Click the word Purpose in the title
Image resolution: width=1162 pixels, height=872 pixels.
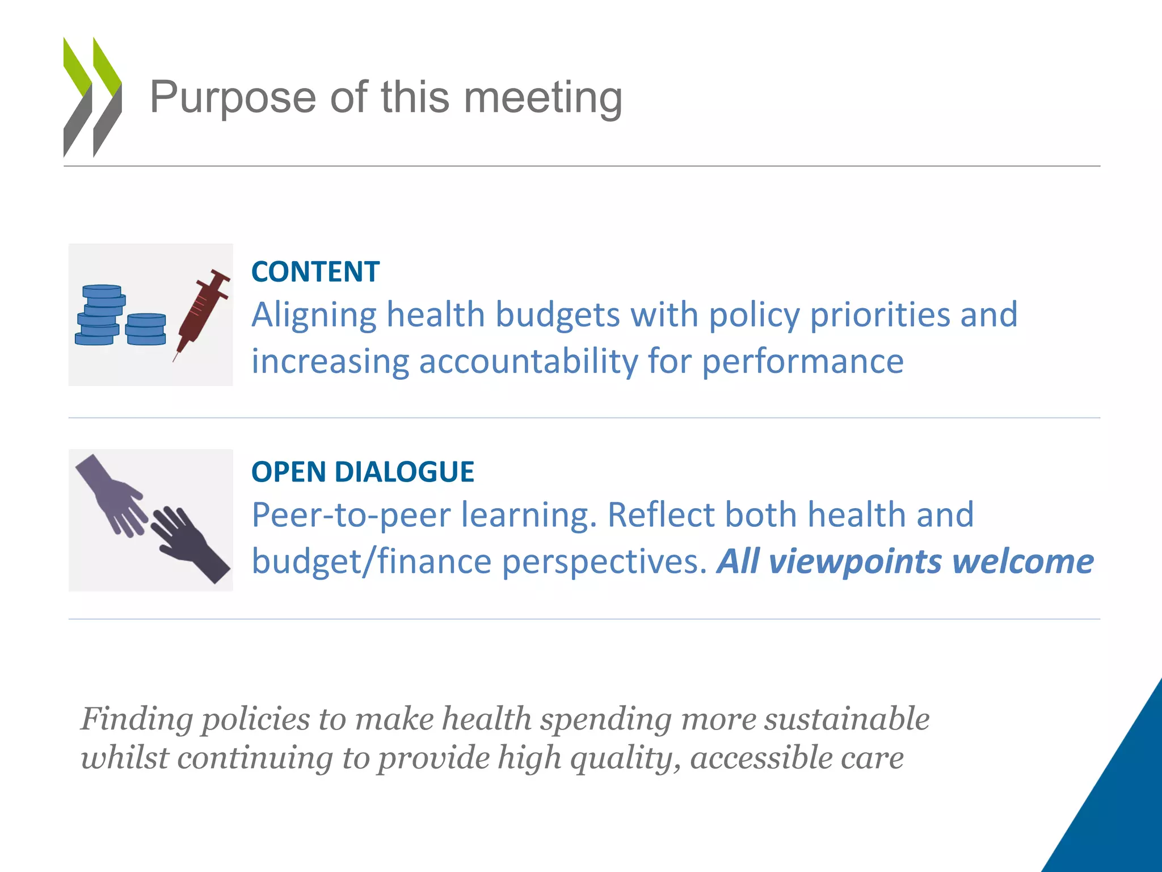pos(233,98)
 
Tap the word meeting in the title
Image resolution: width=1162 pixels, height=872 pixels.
pos(543,98)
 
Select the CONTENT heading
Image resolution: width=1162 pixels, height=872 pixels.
pos(315,271)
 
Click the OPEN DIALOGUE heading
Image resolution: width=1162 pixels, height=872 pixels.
pos(363,472)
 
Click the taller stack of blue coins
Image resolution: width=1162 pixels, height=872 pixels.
pos(100,315)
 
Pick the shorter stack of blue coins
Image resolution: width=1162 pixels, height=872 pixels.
pos(146,329)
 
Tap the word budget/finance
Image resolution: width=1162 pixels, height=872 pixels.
pos(372,561)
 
